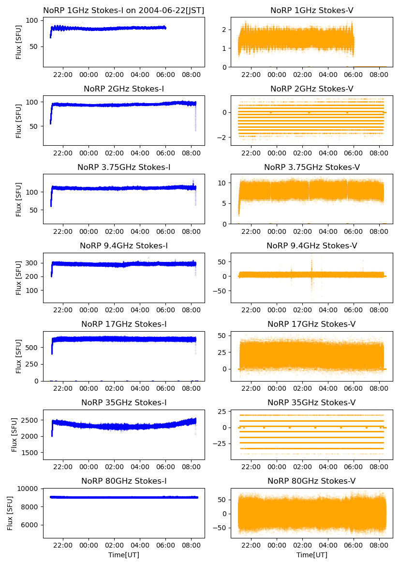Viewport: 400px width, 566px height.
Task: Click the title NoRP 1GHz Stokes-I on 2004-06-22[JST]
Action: pos(124,10)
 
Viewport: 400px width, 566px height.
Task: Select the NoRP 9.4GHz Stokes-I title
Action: pos(124,246)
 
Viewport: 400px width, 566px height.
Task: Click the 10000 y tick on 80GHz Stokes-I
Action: pos(31,489)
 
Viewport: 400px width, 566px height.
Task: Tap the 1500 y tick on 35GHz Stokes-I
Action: pos(31,453)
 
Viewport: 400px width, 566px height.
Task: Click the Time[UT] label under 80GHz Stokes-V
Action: pos(312,555)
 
